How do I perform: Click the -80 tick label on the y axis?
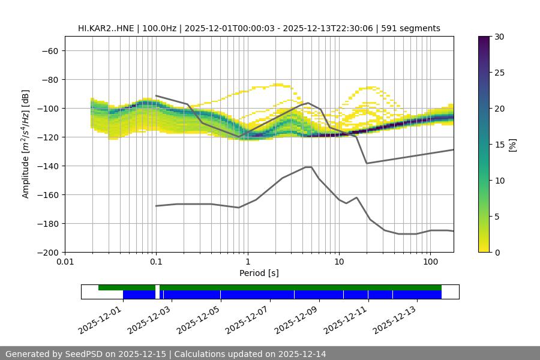[50, 79]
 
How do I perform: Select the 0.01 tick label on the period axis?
[65, 262]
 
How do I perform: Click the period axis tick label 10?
[338, 262]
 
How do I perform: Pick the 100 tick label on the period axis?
[430, 262]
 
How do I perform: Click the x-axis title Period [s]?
[259, 273]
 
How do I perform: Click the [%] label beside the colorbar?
[512, 144]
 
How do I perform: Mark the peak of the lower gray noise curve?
[308, 167]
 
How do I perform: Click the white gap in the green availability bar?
[157, 287]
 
